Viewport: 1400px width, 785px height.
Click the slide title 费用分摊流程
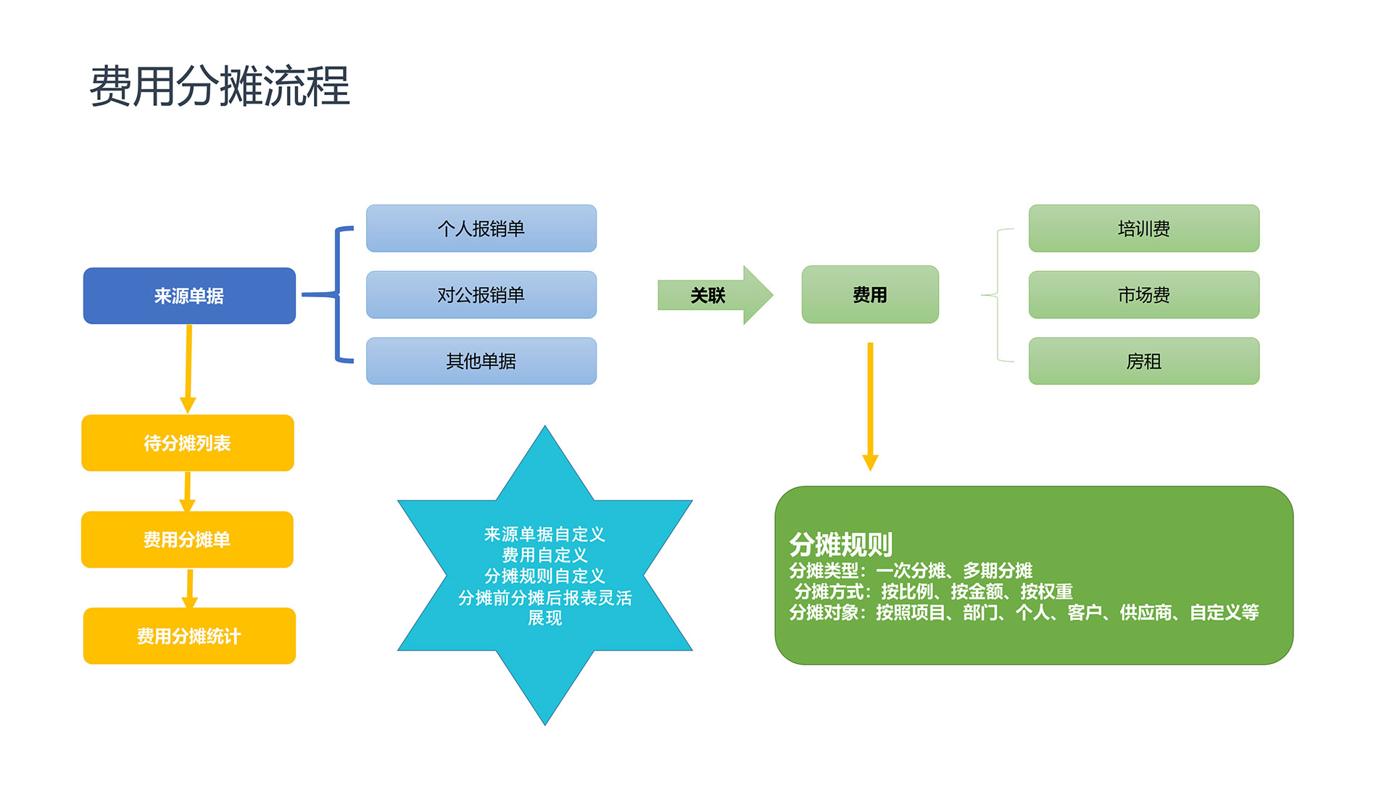coord(220,86)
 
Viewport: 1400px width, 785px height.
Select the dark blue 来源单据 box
coord(189,296)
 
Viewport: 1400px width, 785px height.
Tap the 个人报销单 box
coord(481,228)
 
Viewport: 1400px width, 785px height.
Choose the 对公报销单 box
coord(481,295)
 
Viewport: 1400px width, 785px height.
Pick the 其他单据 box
coord(481,361)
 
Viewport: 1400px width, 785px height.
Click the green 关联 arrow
coord(715,295)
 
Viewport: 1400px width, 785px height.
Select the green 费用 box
coord(870,294)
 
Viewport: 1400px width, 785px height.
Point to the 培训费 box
coord(1144,228)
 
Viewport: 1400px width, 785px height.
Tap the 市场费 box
coord(1144,295)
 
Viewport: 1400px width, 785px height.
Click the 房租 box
coord(1144,361)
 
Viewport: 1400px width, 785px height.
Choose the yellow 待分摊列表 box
coord(188,443)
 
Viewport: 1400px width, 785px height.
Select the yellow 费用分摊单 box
coord(187,539)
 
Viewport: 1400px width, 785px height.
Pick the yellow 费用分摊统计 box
coord(189,636)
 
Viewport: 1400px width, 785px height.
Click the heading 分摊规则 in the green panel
coord(841,544)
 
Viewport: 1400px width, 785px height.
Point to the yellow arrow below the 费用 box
coord(870,407)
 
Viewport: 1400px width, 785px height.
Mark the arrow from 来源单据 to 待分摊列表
coord(189,369)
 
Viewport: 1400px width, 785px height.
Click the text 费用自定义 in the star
coord(545,555)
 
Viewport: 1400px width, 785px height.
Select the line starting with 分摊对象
coord(1024,612)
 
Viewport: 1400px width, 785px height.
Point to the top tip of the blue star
coord(545,425)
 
